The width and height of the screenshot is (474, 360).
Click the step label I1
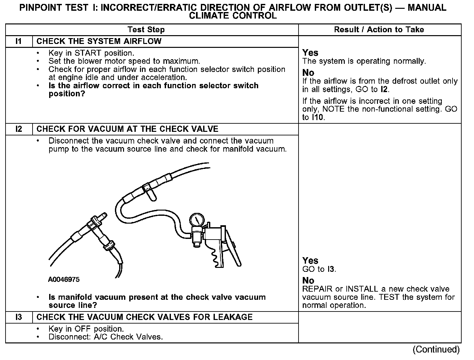(19, 41)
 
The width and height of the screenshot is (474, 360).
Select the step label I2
(19, 129)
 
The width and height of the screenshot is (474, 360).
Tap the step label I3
(19, 317)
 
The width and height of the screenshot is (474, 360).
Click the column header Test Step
(146, 30)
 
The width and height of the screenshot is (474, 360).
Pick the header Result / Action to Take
(379, 30)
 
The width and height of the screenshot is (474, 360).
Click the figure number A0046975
(64, 280)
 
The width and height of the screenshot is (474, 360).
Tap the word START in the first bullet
(88, 53)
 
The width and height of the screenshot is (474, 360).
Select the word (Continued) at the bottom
(436, 350)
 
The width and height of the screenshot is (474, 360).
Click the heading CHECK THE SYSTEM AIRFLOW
(99, 41)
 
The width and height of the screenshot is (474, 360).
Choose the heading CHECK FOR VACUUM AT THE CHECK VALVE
(127, 129)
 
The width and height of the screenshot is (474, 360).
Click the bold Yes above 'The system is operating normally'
(310, 53)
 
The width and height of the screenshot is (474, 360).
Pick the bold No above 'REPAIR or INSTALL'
(308, 281)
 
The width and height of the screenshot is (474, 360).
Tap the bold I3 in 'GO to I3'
(331, 269)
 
